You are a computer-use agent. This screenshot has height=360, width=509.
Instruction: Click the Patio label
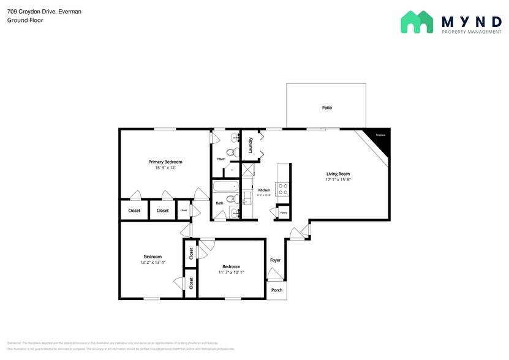[x=327, y=108]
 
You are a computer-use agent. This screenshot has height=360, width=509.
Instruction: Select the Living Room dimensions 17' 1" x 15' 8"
[x=338, y=180]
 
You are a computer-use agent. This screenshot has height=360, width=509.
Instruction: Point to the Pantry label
[x=284, y=213]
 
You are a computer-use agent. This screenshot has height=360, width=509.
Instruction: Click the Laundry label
[x=251, y=145]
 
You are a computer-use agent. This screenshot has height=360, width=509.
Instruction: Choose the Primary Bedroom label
[x=165, y=162]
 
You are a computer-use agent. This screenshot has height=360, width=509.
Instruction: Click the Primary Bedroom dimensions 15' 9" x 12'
[x=165, y=168]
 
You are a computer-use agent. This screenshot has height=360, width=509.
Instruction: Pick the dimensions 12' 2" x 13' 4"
[x=153, y=262]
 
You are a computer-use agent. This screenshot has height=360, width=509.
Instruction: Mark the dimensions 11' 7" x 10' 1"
[x=231, y=272]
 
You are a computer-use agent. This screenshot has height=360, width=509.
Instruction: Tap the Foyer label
[x=276, y=260]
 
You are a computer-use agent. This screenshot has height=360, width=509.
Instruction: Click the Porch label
[x=277, y=290]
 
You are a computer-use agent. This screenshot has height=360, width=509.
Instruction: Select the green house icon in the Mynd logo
[x=417, y=22]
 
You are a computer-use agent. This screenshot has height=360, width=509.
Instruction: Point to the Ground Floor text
[x=21, y=20]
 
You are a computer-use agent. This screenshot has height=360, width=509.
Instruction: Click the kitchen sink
[x=247, y=197]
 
